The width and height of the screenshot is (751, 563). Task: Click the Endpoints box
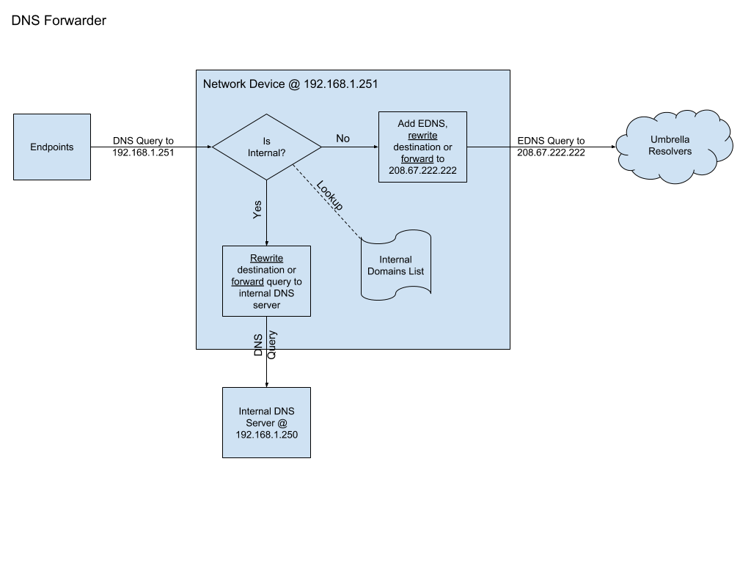[x=52, y=147]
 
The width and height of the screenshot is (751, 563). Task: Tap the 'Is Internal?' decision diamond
[x=267, y=147]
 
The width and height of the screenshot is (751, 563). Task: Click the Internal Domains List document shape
[x=395, y=265]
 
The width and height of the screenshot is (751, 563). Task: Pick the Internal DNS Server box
[x=266, y=422]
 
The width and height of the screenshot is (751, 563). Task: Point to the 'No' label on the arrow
[x=342, y=139]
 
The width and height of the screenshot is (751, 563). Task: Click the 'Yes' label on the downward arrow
[x=257, y=210]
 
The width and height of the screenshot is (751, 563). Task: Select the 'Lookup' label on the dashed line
[x=329, y=196]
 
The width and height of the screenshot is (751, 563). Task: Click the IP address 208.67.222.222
[x=422, y=169]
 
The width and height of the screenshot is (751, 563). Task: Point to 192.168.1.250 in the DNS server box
[x=266, y=434]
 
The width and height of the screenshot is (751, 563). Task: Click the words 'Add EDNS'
[x=422, y=124]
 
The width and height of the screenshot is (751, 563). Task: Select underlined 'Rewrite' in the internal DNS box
[x=266, y=258]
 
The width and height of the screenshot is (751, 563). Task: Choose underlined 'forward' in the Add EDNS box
[x=417, y=158]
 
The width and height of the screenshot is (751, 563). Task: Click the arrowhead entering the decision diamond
[x=208, y=147]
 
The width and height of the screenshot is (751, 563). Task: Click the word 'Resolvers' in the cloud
[x=670, y=151]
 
